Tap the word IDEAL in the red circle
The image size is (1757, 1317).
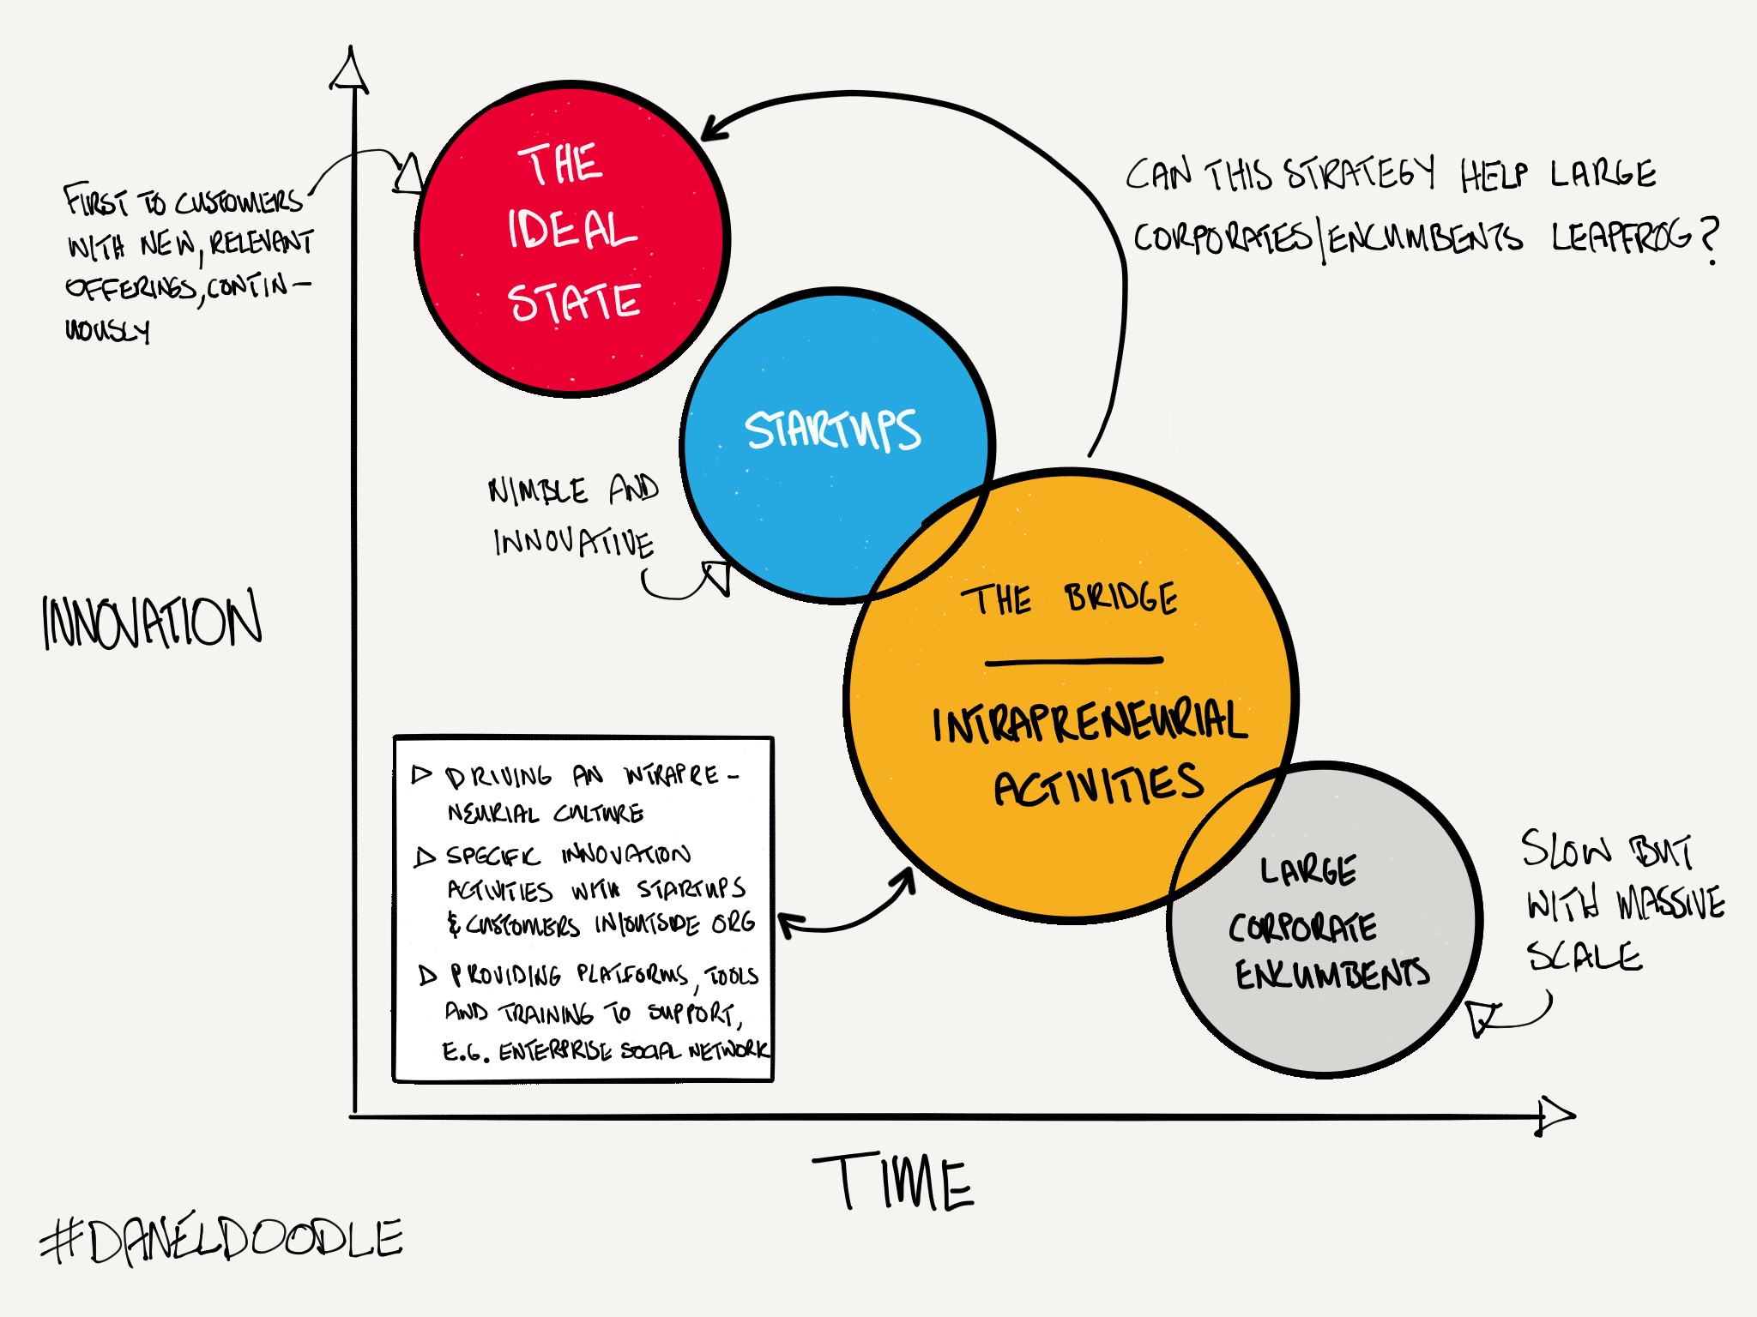571,230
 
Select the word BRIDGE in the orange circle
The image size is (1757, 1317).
1121,598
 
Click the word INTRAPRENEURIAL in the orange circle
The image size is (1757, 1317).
1090,723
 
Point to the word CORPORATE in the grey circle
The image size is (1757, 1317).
1302,927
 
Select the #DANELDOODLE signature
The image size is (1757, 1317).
221,1240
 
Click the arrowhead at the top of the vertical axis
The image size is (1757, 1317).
349,71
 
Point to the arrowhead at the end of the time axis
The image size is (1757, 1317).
1555,1116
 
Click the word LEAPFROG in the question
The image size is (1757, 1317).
1621,237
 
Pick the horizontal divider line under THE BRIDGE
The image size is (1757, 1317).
1074,661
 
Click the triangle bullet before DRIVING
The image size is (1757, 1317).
421,775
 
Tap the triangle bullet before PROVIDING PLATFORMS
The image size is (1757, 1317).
427,975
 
